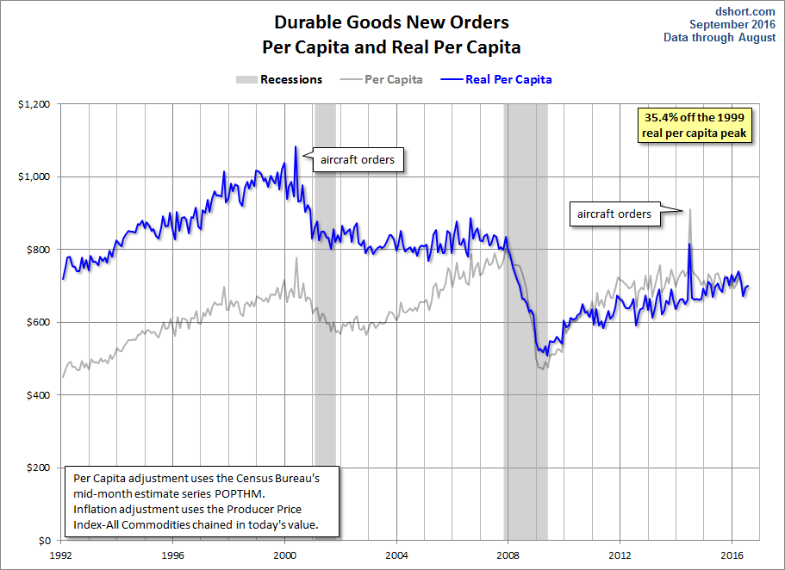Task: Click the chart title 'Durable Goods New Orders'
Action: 391,22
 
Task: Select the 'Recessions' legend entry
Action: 279,79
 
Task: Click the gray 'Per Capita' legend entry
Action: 382,79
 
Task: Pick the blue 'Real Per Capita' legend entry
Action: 496,79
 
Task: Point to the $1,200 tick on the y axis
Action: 34,104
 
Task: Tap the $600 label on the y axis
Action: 38,322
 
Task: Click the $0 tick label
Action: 45,541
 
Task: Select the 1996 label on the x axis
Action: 172,555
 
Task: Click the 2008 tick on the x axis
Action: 508,555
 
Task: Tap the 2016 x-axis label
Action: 732,555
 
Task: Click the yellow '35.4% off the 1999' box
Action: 695,125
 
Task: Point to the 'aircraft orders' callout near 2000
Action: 358,159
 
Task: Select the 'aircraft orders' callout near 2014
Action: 614,214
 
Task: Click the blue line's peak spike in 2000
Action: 296,146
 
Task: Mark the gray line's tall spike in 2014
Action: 690,210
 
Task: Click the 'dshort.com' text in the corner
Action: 745,11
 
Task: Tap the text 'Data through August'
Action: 720,38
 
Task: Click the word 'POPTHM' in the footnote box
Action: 239,494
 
